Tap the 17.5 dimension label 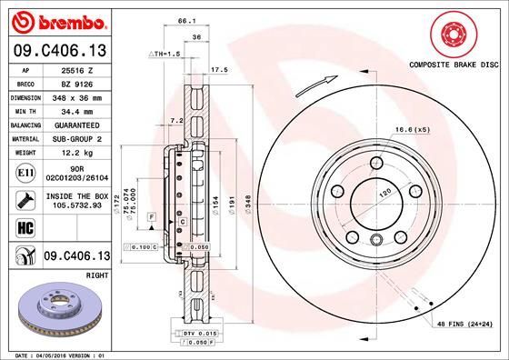tap(218, 69)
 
